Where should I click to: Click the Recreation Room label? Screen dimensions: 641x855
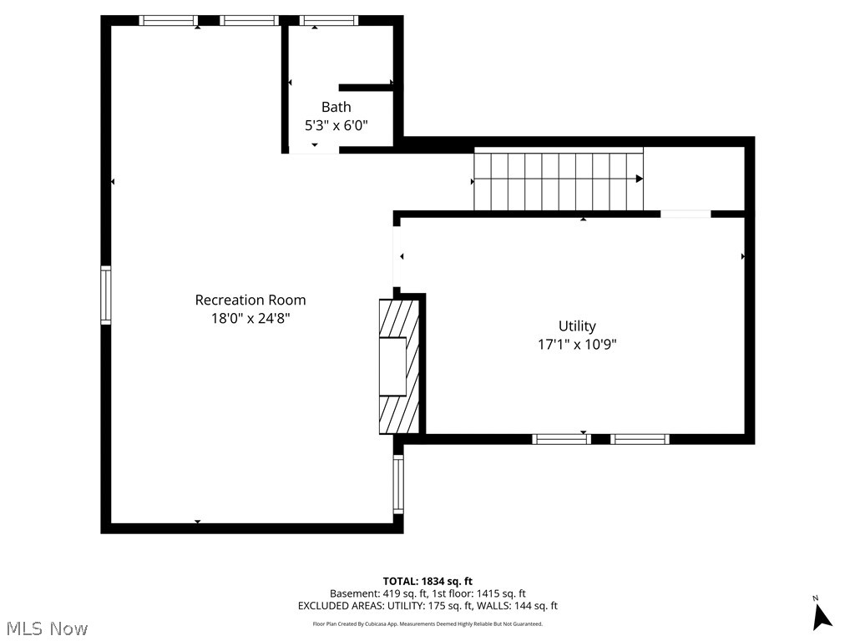click(x=250, y=300)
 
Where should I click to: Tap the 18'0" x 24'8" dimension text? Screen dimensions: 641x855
click(x=250, y=318)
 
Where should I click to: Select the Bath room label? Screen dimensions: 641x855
click(x=336, y=107)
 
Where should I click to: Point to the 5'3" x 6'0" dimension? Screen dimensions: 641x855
click(x=336, y=125)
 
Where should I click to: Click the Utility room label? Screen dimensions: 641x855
click(x=577, y=326)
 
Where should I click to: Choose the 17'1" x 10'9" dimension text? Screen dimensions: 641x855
click(x=577, y=344)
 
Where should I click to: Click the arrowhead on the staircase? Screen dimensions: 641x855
click(x=639, y=179)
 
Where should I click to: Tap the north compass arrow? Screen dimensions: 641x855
click(x=822, y=616)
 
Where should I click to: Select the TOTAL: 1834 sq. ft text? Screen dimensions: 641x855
click(x=427, y=581)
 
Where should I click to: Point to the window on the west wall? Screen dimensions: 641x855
click(x=106, y=295)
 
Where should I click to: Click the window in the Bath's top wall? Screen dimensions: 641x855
click(x=328, y=21)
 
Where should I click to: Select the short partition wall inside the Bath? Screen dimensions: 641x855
click(x=366, y=87)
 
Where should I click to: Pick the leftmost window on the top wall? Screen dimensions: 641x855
click(x=168, y=21)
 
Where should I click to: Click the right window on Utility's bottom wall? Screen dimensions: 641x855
click(x=640, y=439)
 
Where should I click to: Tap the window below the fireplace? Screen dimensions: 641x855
click(x=398, y=484)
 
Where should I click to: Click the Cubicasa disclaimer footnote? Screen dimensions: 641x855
click(x=427, y=623)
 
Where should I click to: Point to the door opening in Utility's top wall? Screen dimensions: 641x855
click(x=686, y=214)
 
